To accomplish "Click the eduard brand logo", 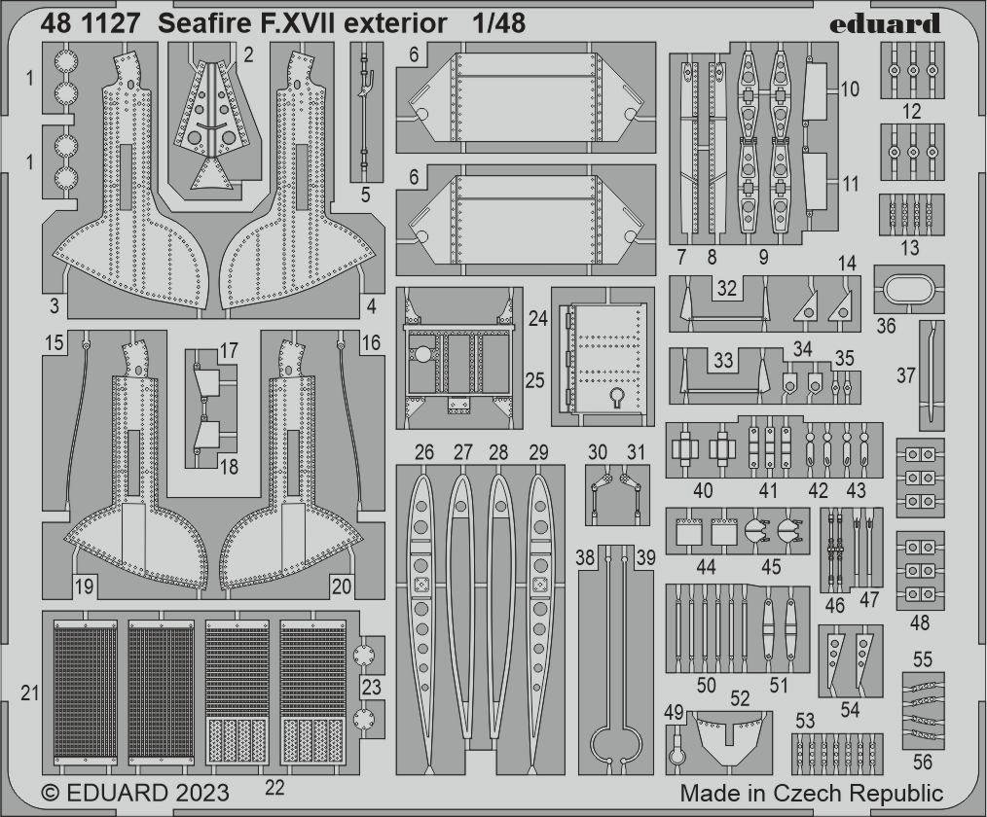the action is pyautogui.click(x=885, y=24).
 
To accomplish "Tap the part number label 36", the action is pyautogui.click(x=886, y=326).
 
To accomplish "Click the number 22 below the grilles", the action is pyautogui.click(x=274, y=788).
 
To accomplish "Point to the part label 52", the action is pyautogui.click(x=740, y=698).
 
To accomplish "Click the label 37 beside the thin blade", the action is pyautogui.click(x=906, y=375).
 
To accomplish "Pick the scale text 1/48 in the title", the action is pyautogui.click(x=499, y=23).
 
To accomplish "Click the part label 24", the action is pyautogui.click(x=537, y=318).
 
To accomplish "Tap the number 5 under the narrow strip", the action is pyautogui.click(x=366, y=195).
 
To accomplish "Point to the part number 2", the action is pyautogui.click(x=248, y=55).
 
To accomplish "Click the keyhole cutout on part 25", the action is pyautogui.click(x=617, y=398).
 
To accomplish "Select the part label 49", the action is pyautogui.click(x=674, y=712).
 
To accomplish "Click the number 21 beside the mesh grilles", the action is pyautogui.click(x=29, y=693).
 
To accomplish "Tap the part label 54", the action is pyautogui.click(x=850, y=709).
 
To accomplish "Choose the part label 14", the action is pyautogui.click(x=847, y=264).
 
